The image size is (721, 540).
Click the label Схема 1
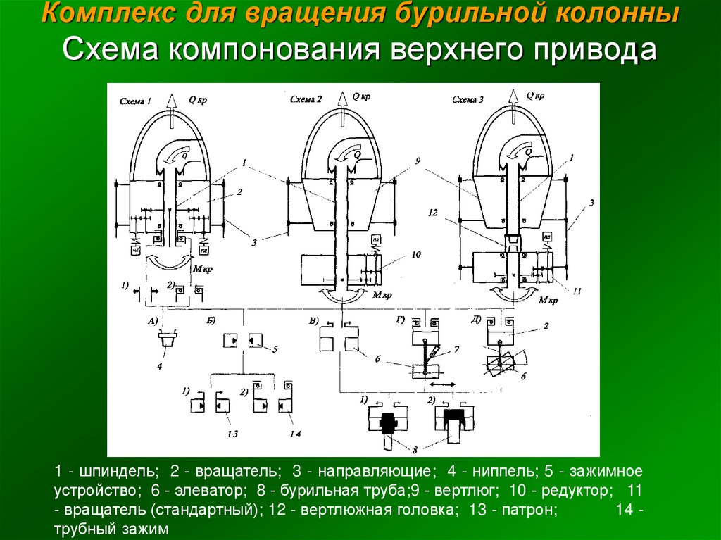click(136, 101)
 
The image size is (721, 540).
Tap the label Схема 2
click(306, 99)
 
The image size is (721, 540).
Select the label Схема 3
click(468, 100)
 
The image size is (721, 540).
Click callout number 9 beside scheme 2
click(418, 161)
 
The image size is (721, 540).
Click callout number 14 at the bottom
click(295, 434)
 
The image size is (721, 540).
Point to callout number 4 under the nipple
click(161, 366)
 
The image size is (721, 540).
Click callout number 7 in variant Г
click(456, 349)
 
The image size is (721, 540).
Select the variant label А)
click(152, 320)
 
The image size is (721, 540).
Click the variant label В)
click(314, 320)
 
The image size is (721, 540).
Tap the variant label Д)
click(476, 320)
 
